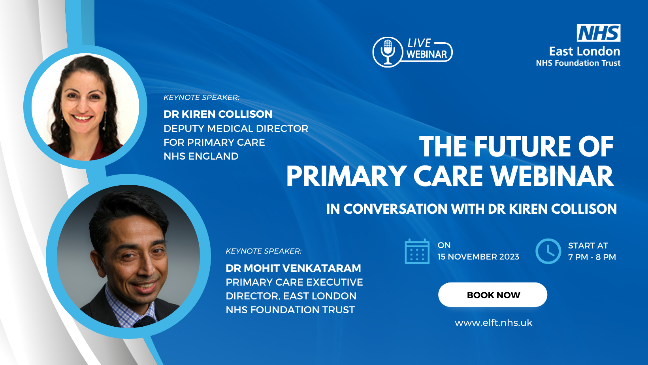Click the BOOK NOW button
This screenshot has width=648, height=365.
point(493,295)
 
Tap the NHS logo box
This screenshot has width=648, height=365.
point(599,33)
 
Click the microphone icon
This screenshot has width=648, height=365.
point(388,52)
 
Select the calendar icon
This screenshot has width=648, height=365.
point(417,251)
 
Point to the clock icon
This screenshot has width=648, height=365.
point(548,251)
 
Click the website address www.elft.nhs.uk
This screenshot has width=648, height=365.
point(494,323)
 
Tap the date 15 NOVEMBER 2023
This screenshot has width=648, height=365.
point(478,257)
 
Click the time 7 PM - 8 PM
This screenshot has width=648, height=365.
point(592,257)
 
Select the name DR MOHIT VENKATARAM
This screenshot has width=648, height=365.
point(293,268)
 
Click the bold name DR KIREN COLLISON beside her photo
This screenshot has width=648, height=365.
point(218,114)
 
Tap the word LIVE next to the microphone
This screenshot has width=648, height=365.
point(420,43)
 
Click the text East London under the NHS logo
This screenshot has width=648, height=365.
point(585,51)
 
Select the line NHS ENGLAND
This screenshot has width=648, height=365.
point(201,156)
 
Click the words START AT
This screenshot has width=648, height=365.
point(588,246)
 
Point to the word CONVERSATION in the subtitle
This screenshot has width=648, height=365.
point(395,209)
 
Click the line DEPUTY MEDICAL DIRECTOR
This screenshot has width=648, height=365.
point(236,128)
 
